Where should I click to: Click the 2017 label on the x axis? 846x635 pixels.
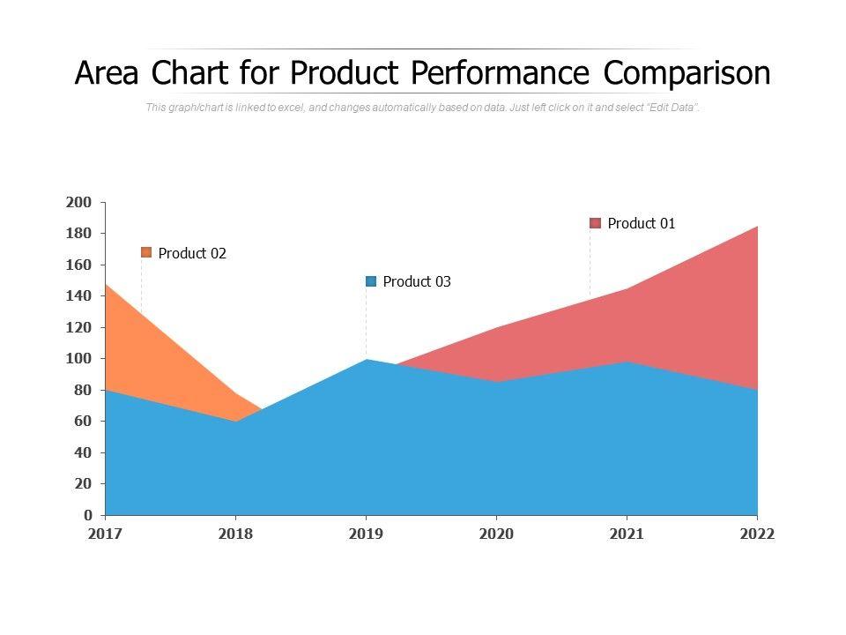(x=105, y=534)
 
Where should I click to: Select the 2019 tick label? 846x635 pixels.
(x=366, y=534)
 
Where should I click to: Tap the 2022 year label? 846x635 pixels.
(x=757, y=534)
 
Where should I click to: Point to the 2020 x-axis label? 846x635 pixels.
(x=496, y=534)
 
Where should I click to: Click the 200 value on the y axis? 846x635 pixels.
(x=79, y=203)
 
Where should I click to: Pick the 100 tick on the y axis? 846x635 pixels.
(x=79, y=359)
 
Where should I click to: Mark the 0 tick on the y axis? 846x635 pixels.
(x=88, y=515)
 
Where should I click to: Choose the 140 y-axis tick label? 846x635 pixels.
(x=79, y=296)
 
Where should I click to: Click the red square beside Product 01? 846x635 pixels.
(x=595, y=224)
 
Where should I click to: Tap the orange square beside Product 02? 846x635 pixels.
(x=146, y=253)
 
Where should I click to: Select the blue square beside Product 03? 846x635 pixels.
(x=371, y=281)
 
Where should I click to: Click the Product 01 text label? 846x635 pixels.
(x=642, y=224)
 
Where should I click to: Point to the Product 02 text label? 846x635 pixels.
(x=192, y=254)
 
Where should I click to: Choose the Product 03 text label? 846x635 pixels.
(x=417, y=282)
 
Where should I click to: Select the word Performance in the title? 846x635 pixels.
(x=508, y=73)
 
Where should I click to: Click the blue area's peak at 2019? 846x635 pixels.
(x=366, y=360)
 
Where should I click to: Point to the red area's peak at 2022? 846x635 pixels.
(x=756, y=228)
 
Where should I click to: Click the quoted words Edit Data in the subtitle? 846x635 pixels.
(x=674, y=108)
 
